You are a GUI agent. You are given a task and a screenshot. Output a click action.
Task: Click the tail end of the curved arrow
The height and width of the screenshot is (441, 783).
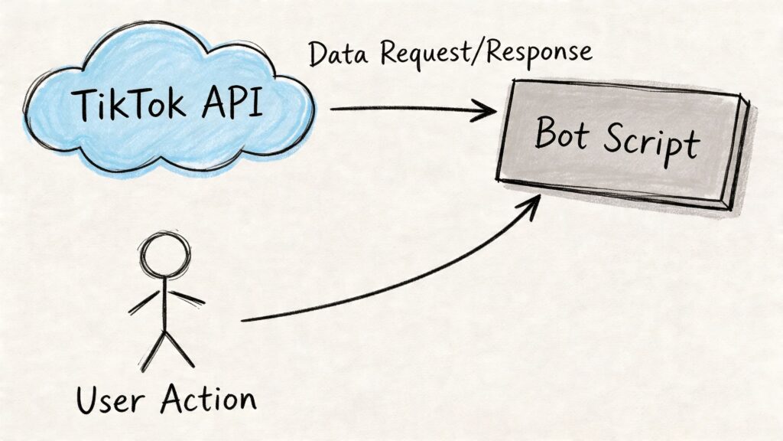pos(243,318)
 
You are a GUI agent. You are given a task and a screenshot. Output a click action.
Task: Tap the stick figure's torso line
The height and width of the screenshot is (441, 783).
pos(164,306)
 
